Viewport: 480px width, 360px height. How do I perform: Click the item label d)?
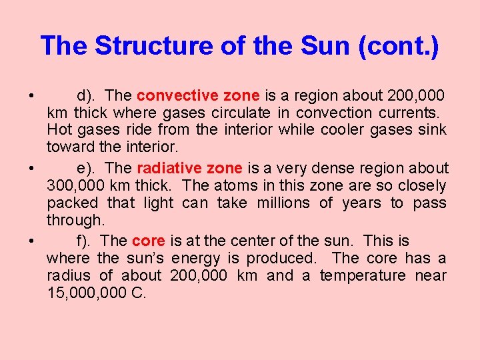(x=88, y=95)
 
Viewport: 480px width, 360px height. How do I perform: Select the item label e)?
(x=88, y=168)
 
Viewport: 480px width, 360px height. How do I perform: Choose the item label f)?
(x=85, y=241)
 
